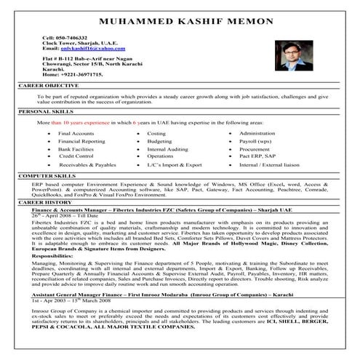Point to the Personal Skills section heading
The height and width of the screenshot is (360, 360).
[x=47, y=112]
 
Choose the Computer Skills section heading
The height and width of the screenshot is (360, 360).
[x=49, y=176]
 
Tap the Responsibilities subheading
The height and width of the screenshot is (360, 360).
[x=57, y=257]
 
